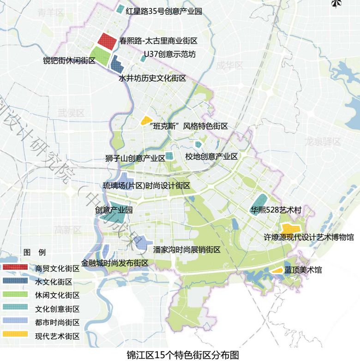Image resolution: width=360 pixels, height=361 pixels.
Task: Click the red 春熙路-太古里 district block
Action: coord(107,41)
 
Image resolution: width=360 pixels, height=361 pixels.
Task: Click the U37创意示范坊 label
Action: coord(170,54)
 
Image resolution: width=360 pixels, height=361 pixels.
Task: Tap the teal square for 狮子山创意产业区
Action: coord(169,156)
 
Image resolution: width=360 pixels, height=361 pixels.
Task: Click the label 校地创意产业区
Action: coord(211,157)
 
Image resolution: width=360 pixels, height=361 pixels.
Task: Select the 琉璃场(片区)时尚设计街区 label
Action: coord(146,186)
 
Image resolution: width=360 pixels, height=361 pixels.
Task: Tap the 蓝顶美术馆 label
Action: coord(303,270)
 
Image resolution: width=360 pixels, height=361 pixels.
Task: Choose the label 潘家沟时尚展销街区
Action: coord(187,250)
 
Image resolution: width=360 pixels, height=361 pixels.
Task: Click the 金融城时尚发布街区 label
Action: coord(114,263)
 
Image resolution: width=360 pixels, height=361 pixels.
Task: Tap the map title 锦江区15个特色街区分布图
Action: coord(183,355)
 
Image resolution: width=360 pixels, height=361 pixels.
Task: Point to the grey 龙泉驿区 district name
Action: coord(323,142)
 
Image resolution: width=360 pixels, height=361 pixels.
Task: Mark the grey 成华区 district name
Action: coord(229,65)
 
